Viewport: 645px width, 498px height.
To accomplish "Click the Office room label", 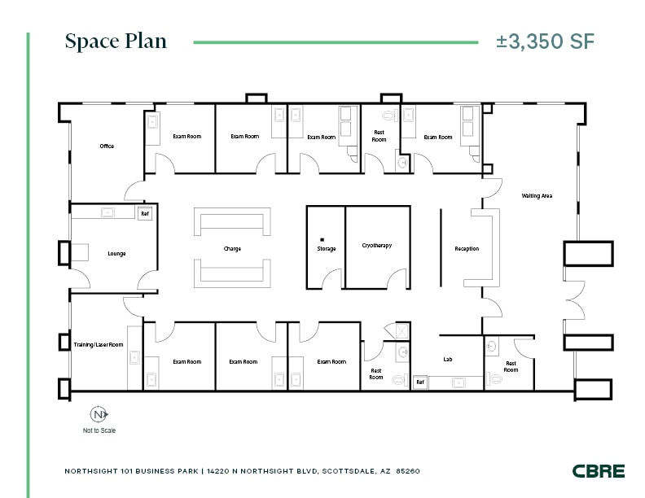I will (x=107, y=146).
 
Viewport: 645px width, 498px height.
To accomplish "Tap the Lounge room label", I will (x=116, y=254).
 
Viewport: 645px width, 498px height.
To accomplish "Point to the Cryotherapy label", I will (x=377, y=245).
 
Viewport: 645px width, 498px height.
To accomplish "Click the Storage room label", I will (x=326, y=248).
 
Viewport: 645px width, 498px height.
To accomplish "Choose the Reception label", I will (x=467, y=248).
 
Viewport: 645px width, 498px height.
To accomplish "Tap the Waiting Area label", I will (x=537, y=195).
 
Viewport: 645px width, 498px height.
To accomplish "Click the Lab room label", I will (x=447, y=358).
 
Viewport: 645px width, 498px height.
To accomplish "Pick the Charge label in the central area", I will (x=232, y=248).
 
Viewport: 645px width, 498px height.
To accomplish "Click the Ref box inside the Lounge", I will (x=145, y=213).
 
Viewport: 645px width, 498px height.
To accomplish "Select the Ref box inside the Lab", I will (x=420, y=382).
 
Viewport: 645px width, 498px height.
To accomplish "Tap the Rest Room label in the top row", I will (x=380, y=136).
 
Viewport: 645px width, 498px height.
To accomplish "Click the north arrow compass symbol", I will (x=99, y=414).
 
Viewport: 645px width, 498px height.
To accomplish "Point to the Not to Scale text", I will (x=99, y=430).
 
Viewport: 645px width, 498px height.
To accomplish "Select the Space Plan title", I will (x=116, y=41).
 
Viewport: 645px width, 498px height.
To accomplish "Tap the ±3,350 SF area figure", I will (x=545, y=41).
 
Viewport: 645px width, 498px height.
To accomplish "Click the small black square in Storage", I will (x=322, y=239).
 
